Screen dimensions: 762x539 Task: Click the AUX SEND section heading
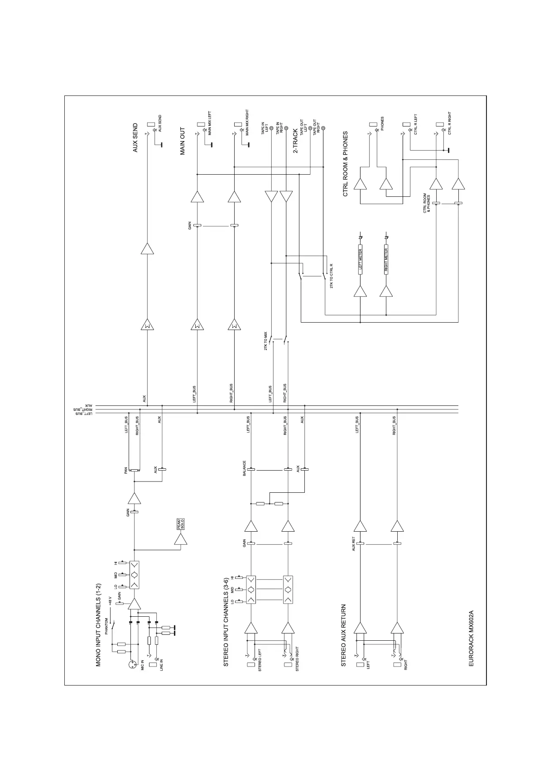coord(135,138)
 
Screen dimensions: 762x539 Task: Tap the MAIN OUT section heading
coord(183,141)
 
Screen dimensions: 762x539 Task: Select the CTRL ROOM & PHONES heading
coord(345,164)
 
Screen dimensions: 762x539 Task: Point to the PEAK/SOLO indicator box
coord(181,524)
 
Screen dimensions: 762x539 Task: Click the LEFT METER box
coord(360,260)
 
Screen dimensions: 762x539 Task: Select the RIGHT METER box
coord(386,260)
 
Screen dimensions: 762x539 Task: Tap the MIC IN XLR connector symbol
coord(132,664)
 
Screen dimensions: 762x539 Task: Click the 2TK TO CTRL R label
coord(332,276)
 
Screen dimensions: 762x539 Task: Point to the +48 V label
coord(110,602)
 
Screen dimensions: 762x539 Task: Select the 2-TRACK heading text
coord(295,141)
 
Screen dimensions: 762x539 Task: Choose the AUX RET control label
coord(354,544)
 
